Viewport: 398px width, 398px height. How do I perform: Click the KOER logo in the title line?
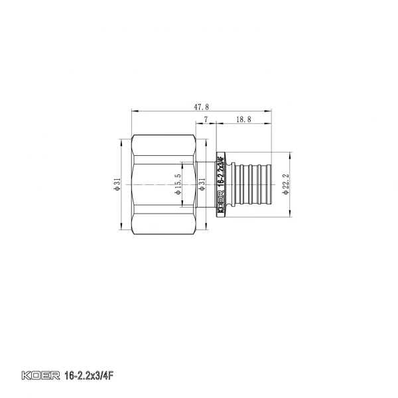(42, 375)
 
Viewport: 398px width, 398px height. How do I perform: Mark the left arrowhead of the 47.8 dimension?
(134, 111)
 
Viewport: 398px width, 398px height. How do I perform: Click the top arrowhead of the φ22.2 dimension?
(291, 155)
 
